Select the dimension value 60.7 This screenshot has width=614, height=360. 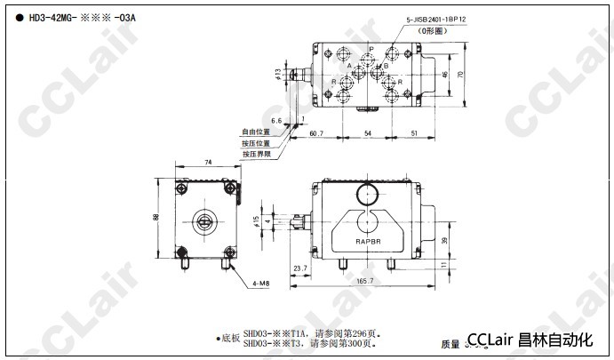point(317,133)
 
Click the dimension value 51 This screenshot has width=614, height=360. point(415,133)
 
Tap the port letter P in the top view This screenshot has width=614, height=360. point(371,50)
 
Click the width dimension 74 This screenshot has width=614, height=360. point(207,163)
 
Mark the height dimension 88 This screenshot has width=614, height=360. point(156,218)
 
